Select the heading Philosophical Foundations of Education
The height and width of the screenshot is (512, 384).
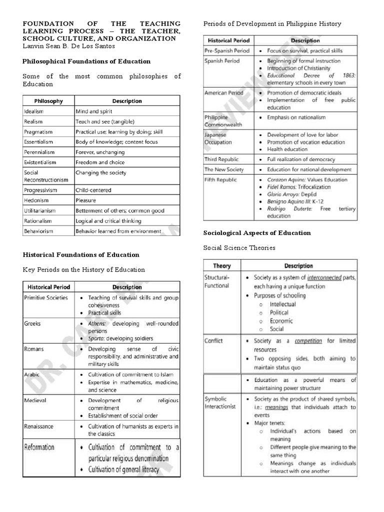pos(86,61)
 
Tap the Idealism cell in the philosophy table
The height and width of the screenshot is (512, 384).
pos(33,111)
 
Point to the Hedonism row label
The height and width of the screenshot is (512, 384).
pos(35,200)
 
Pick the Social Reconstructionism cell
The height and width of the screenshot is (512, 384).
pos(42,176)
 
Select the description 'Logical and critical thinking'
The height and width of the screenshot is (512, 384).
pos(108,221)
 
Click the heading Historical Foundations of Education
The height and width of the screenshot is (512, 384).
pos(81,254)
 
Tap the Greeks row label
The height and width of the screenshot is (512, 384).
pos(32,323)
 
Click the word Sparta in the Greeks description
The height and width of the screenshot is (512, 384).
pos(96,338)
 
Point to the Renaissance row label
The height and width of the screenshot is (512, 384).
pos(39,426)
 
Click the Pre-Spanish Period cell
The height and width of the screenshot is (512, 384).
pos(226,51)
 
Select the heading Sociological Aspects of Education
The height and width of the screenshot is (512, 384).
pos(257,233)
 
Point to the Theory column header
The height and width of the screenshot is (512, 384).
pos(221,266)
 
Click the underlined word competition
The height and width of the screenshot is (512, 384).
pos(308,341)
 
